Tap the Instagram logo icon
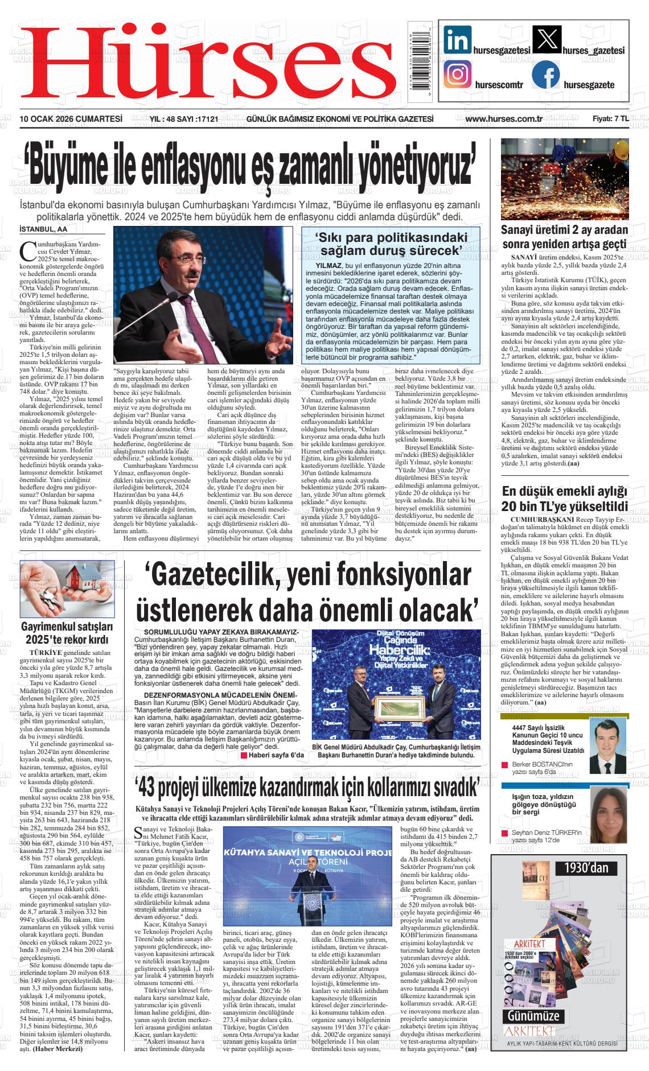(459, 75)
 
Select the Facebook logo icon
(546, 75)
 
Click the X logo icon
(546, 41)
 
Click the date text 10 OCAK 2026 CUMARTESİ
(71, 119)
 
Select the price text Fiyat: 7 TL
(610, 119)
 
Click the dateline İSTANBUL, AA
(43, 229)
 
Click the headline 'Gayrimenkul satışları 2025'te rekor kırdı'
(68, 632)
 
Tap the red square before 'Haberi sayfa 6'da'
(244, 755)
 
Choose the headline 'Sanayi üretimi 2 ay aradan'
(564, 230)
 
